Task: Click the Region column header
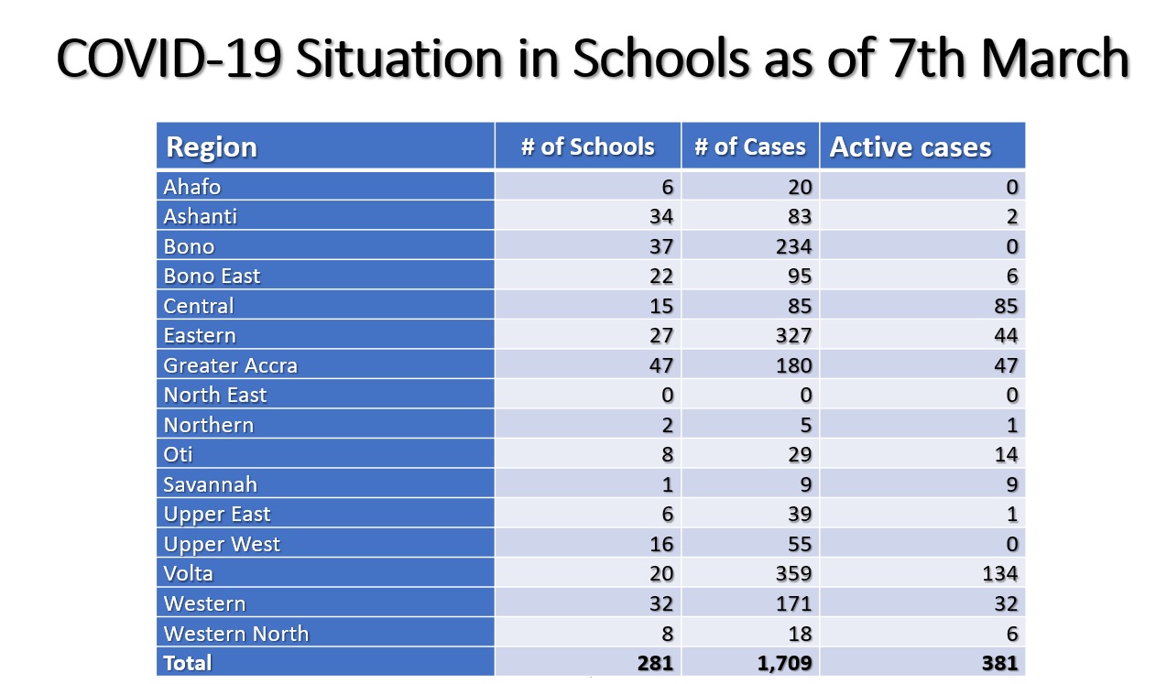pos(212,147)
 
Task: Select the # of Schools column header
pos(588,147)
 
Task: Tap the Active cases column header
pos(911,147)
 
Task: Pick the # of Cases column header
pos(750,147)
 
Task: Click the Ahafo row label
pos(192,187)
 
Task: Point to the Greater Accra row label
pos(230,365)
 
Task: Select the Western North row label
pos(235,633)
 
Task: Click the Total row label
pos(187,662)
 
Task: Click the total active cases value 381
pos(998,662)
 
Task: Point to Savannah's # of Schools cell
pos(666,484)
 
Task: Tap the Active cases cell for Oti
pos(1005,454)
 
